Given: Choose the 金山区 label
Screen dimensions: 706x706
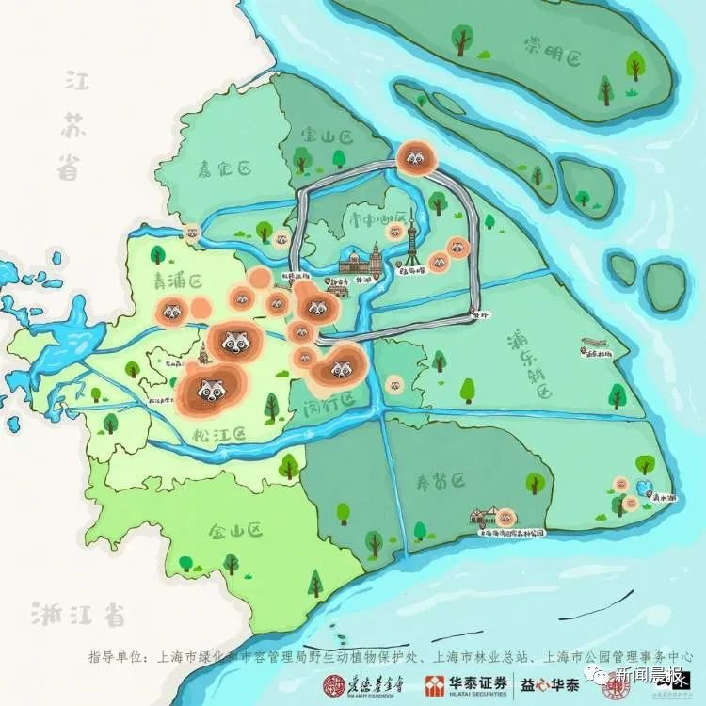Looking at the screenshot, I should coord(235,532).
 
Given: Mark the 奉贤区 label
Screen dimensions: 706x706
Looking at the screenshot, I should coord(441,482).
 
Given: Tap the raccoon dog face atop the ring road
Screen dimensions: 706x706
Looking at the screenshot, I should coord(415,158).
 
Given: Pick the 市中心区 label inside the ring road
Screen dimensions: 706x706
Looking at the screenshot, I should coord(376,216).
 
